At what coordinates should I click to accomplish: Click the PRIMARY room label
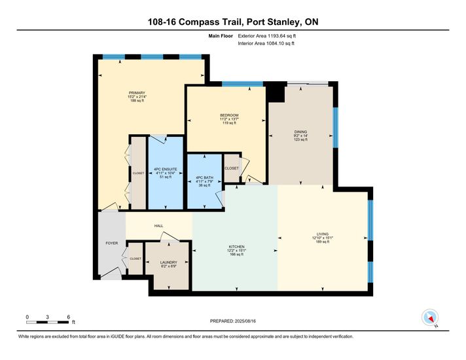click(137, 93)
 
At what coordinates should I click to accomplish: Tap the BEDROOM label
click(229, 115)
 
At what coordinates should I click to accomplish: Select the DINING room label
click(300, 132)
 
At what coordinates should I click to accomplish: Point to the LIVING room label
click(323, 234)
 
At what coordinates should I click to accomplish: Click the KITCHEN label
click(236, 247)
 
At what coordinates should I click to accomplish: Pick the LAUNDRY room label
click(168, 262)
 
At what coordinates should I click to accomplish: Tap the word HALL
click(158, 226)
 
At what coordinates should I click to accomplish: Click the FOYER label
click(112, 243)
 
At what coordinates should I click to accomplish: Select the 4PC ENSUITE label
click(166, 169)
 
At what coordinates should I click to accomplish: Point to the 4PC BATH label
click(204, 177)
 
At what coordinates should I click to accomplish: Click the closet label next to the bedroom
click(232, 168)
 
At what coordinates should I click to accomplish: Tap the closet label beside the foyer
click(135, 259)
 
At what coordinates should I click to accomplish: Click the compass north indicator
click(430, 318)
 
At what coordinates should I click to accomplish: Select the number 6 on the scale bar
click(68, 317)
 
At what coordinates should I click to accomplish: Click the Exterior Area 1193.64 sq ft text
click(267, 36)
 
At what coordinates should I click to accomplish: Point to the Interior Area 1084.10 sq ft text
click(266, 43)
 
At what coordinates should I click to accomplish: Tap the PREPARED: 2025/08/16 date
click(233, 321)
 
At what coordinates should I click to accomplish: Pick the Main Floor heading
click(221, 36)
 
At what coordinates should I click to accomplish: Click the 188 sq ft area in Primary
click(137, 101)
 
